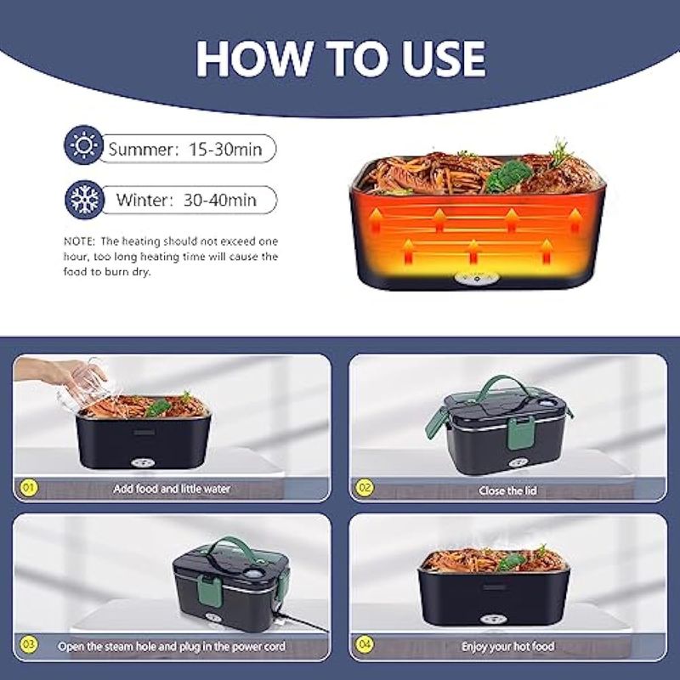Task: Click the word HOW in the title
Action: (x=253, y=59)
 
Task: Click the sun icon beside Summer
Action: (x=83, y=144)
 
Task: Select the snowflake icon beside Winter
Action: (x=84, y=200)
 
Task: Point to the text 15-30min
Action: (x=225, y=150)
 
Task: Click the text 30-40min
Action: (x=220, y=200)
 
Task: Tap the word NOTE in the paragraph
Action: (x=78, y=241)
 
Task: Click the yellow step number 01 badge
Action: (x=29, y=487)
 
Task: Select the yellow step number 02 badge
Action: (x=365, y=487)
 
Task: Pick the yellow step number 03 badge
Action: (x=29, y=644)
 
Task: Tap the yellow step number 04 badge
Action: (x=365, y=644)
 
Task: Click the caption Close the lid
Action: (x=507, y=490)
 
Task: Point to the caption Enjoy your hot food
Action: (x=507, y=647)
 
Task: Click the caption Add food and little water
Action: (x=172, y=489)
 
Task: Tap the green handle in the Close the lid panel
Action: (x=503, y=383)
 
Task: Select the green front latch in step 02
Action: (x=519, y=433)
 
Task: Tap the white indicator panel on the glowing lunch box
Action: (x=477, y=279)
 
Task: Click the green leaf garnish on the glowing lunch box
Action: (x=508, y=176)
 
